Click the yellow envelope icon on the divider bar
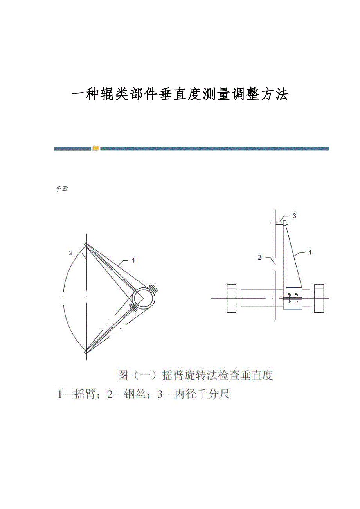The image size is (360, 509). (x=96, y=149)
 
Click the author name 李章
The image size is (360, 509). (x=61, y=189)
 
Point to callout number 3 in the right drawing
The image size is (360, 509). (x=294, y=216)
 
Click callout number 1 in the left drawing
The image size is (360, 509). (x=133, y=260)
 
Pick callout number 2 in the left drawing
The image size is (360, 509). (x=71, y=253)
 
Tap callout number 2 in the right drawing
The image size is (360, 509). (x=260, y=258)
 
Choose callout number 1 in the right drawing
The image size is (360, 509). (x=310, y=253)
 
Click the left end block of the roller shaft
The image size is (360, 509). (x=232, y=298)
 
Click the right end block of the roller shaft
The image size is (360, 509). (x=319, y=298)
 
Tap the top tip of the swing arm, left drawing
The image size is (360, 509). (x=86, y=244)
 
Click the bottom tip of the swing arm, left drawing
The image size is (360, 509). (x=86, y=352)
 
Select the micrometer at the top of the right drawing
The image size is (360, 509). (x=282, y=223)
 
